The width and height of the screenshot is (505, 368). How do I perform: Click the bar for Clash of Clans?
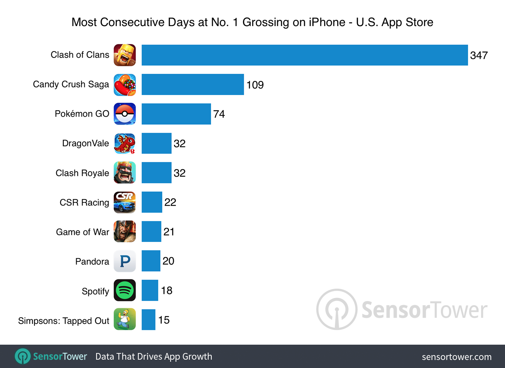click(x=304, y=55)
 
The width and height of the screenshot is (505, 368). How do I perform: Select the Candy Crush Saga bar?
click(x=193, y=85)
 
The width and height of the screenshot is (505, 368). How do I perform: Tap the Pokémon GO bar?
click(x=176, y=114)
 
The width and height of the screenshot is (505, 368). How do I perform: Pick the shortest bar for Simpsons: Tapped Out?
click(x=148, y=320)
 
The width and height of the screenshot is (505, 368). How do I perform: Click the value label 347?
click(x=479, y=55)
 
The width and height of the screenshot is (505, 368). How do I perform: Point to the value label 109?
click(x=255, y=85)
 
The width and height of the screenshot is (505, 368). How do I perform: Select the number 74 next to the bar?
click(x=219, y=114)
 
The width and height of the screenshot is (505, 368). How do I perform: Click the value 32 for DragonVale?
click(x=179, y=143)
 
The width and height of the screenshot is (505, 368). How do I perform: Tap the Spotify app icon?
click(x=125, y=290)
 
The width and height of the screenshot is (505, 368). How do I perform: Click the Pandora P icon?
click(x=125, y=261)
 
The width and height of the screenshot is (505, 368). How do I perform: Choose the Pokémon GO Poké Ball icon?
click(x=125, y=114)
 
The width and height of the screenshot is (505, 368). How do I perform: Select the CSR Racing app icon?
click(x=125, y=202)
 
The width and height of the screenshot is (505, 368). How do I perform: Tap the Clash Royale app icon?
click(x=125, y=173)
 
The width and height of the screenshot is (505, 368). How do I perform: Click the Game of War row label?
click(x=83, y=232)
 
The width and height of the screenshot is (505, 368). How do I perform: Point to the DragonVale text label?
click(x=85, y=143)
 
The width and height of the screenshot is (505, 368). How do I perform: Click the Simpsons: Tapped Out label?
click(x=64, y=321)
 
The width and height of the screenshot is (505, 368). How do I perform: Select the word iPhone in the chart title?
click(x=327, y=22)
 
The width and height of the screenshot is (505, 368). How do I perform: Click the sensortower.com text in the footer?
click(x=457, y=357)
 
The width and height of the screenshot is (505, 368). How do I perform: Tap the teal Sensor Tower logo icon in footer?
click(x=23, y=357)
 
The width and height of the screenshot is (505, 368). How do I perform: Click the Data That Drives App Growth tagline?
click(x=154, y=357)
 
